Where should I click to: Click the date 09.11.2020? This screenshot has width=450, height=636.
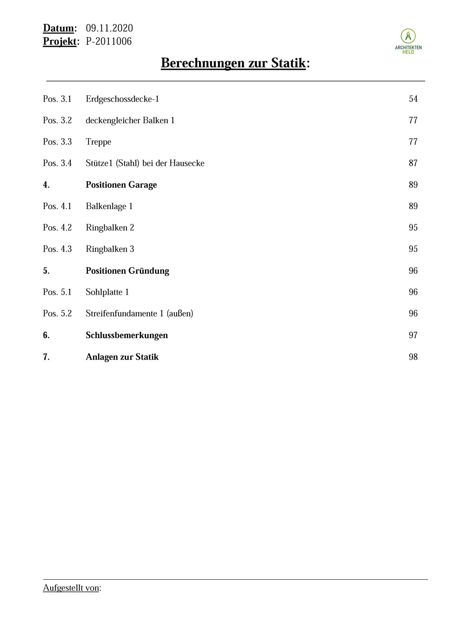[x=109, y=28]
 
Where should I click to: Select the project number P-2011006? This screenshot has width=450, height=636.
[x=109, y=42]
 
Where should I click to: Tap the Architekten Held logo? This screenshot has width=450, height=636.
[x=408, y=41]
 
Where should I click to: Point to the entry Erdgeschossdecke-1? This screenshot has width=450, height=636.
[x=122, y=99]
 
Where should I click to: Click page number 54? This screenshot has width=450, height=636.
[x=413, y=99]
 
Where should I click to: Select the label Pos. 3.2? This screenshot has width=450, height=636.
[x=57, y=120]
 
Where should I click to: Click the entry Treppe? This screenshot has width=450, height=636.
[x=98, y=142]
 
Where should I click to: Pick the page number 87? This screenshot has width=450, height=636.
[x=413, y=163]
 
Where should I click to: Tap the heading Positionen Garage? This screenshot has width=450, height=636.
[x=121, y=185]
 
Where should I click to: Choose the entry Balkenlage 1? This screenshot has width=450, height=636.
[x=109, y=206]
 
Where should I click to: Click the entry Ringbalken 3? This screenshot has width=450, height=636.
[x=110, y=249]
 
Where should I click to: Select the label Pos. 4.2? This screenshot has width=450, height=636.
[x=57, y=228]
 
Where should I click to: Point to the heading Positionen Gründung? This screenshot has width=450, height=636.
[x=127, y=271]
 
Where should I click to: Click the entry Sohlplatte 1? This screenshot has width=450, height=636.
[x=107, y=292]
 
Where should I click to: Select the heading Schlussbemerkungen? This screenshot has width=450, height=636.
[x=127, y=335]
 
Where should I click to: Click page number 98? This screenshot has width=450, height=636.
[x=413, y=357]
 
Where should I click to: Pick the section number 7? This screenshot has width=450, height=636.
[x=46, y=357]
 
